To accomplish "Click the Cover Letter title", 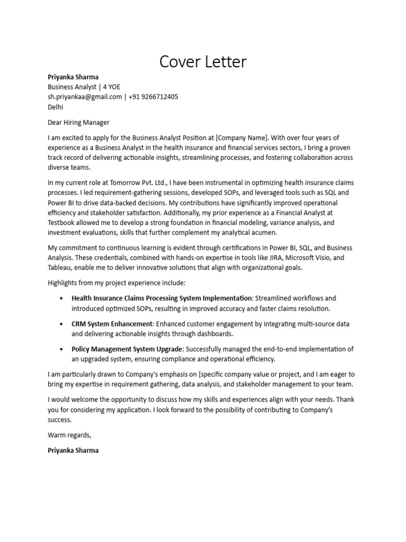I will pyautogui.click(x=203, y=62).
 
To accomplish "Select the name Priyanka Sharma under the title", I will pyautogui.click(x=73, y=77).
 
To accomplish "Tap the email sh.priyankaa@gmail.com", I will pyautogui.click(x=85, y=97).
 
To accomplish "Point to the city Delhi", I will pyautogui.click(x=56, y=107).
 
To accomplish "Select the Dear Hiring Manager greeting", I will pyautogui.click(x=78, y=122).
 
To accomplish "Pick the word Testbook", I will pyautogui.click(x=61, y=223).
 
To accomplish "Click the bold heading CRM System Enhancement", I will pyautogui.click(x=112, y=323).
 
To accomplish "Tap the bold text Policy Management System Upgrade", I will pyautogui.click(x=127, y=349).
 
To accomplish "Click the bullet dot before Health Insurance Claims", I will pyautogui.click(x=63, y=299).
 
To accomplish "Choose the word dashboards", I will pyautogui.click(x=214, y=333).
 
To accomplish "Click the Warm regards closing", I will pyautogui.click(x=69, y=435).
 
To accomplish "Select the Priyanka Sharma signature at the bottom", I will pyautogui.click(x=73, y=450).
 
